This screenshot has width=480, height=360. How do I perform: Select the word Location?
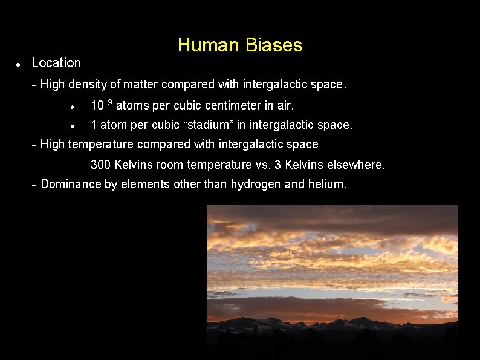click(56, 63)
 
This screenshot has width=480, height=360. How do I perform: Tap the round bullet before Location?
click(19, 64)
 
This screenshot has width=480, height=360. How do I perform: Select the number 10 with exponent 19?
click(101, 105)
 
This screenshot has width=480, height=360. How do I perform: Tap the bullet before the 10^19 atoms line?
click(72, 106)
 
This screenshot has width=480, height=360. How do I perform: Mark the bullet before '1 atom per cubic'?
click(72, 126)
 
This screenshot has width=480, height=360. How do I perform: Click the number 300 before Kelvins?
click(100, 165)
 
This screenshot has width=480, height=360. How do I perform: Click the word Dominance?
click(71, 185)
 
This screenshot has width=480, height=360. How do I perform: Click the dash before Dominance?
click(34, 185)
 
